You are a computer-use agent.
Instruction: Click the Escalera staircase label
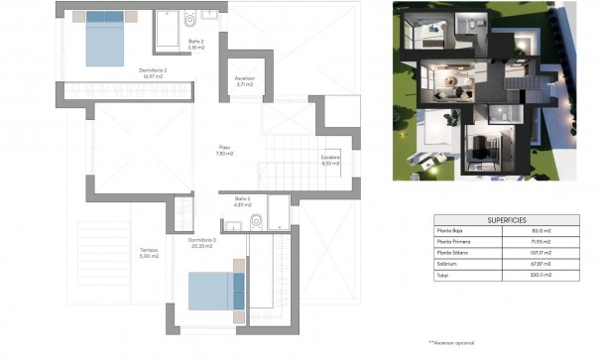[x=330, y=160]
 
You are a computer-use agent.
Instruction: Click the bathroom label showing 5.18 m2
[x=195, y=44]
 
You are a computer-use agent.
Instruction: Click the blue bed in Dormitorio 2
[x=104, y=39]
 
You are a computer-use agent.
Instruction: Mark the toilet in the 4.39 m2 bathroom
[x=256, y=220]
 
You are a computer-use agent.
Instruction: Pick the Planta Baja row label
[x=451, y=231]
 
